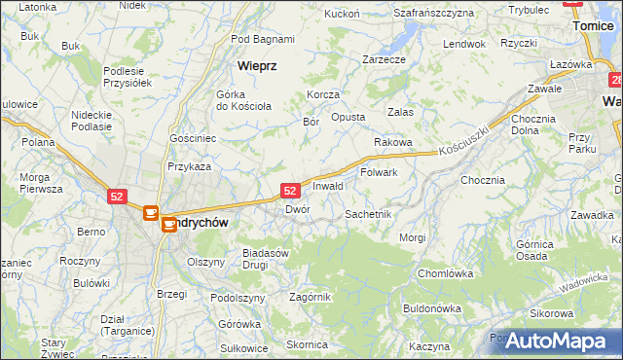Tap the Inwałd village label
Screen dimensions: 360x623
point(327,185)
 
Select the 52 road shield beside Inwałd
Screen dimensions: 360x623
point(290,191)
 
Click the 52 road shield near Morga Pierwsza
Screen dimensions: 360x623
point(117,196)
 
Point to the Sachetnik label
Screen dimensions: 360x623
point(368,213)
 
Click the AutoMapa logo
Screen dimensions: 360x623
point(555,342)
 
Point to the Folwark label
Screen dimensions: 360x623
point(379,172)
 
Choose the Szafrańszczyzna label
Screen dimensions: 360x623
point(433,13)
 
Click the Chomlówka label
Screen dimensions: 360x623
point(445,273)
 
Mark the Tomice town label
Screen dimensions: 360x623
point(594,28)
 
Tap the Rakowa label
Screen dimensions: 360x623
point(393,142)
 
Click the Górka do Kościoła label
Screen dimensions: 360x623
point(243,99)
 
